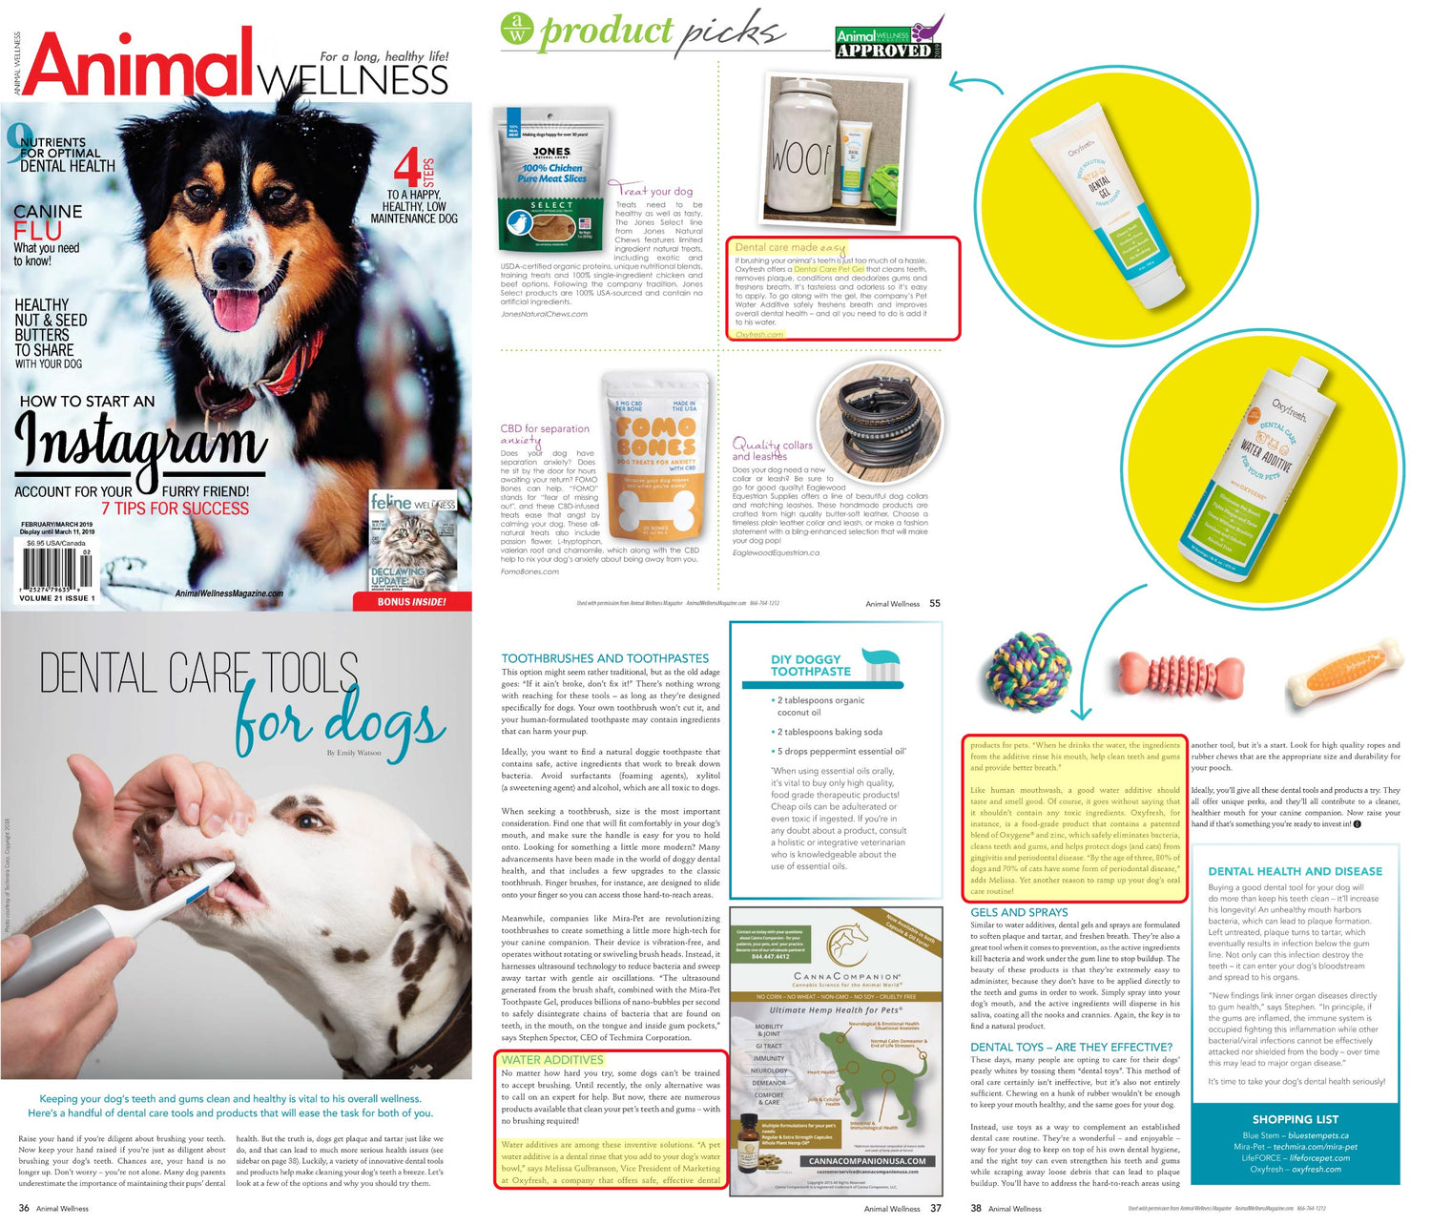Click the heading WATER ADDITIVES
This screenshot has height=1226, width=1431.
[x=552, y=1060]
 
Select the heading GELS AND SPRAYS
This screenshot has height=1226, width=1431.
[x=1019, y=913]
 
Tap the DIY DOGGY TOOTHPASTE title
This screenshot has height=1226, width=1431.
[x=810, y=665]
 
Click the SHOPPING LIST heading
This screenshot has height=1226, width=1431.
[x=1295, y=1119]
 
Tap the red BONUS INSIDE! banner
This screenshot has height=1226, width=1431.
[x=411, y=602]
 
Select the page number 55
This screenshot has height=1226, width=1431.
[x=935, y=603]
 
